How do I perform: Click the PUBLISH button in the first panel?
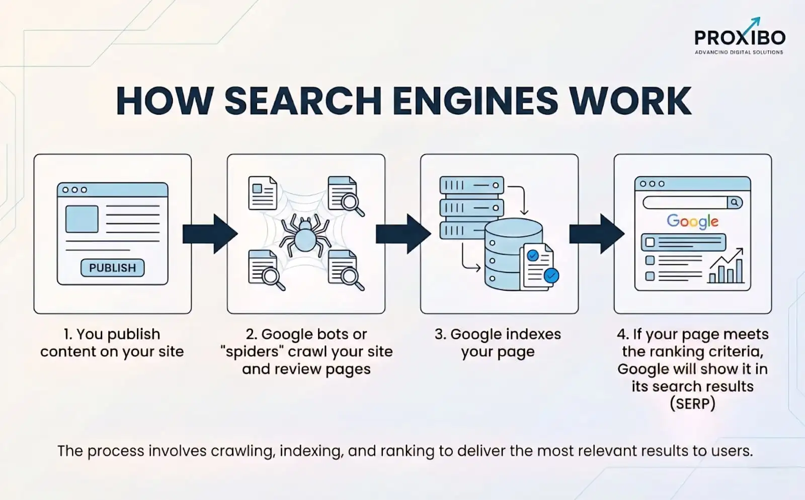112,268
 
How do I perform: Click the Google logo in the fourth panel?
692,221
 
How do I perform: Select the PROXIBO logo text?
739,38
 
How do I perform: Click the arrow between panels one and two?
209,234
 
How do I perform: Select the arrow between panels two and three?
403,234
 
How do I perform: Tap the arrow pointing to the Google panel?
596,234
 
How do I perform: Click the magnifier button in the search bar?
735,202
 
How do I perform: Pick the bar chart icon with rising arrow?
726,267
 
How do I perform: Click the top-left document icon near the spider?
263,193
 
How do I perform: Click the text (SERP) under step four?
692,404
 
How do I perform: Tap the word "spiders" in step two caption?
253,351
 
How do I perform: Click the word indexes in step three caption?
533,334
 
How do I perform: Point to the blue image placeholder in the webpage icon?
82,219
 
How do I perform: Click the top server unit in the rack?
471,185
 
